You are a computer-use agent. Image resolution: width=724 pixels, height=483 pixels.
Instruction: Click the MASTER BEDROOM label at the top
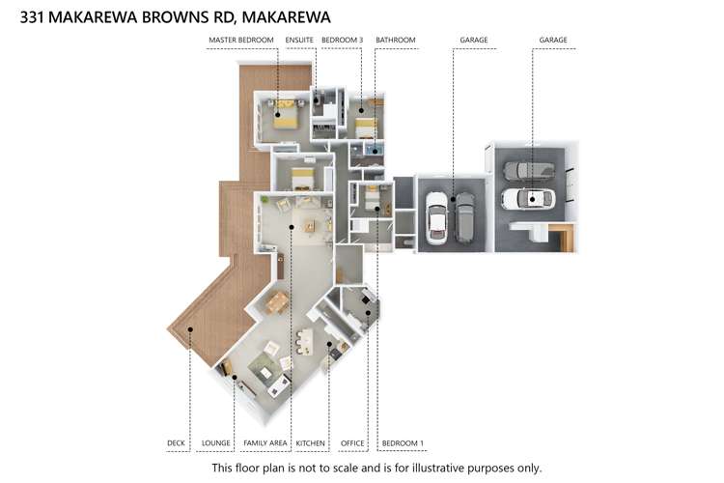[x=242, y=41]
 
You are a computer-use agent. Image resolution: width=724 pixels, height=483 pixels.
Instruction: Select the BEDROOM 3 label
[x=342, y=41]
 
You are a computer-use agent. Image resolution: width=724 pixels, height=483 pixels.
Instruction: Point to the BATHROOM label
[x=396, y=41]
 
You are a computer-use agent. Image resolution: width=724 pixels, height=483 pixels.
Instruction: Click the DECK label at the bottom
[x=176, y=443]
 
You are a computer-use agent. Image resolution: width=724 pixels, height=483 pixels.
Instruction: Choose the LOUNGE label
[x=215, y=443]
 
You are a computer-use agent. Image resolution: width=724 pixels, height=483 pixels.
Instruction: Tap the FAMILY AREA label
[x=265, y=443]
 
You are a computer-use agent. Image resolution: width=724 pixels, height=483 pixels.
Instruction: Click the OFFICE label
[x=352, y=443]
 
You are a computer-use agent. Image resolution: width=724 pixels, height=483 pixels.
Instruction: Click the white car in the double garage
[x=437, y=217]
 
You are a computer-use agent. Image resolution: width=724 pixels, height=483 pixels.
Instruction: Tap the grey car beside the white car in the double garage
[x=464, y=215]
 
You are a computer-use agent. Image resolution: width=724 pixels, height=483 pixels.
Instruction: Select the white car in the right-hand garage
[x=528, y=199]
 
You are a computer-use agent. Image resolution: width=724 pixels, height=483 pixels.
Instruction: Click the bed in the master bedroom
[x=285, y=115]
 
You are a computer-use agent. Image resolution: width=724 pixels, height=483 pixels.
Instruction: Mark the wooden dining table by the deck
[x=277, y=302]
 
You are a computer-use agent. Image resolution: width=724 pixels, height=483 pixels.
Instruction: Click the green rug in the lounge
[x=263, y=368]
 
